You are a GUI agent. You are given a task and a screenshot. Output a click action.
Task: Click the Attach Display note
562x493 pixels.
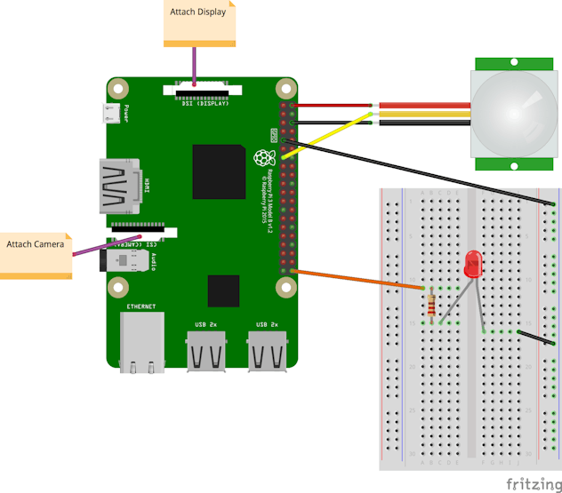point(199,23)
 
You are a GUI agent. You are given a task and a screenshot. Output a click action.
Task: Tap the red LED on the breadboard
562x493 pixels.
point(473,264)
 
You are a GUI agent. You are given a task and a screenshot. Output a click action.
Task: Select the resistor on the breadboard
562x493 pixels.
point(431,304)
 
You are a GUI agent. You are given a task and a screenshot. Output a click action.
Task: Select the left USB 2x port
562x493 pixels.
point(206,348)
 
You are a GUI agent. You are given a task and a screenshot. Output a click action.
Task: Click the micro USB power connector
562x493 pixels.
point(112,113)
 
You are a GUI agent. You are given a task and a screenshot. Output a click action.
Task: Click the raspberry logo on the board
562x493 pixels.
point(262,159)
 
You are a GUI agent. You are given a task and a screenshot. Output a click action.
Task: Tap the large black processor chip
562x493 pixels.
point(218,171)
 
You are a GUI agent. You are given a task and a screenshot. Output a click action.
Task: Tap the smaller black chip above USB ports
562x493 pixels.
point(223,290)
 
